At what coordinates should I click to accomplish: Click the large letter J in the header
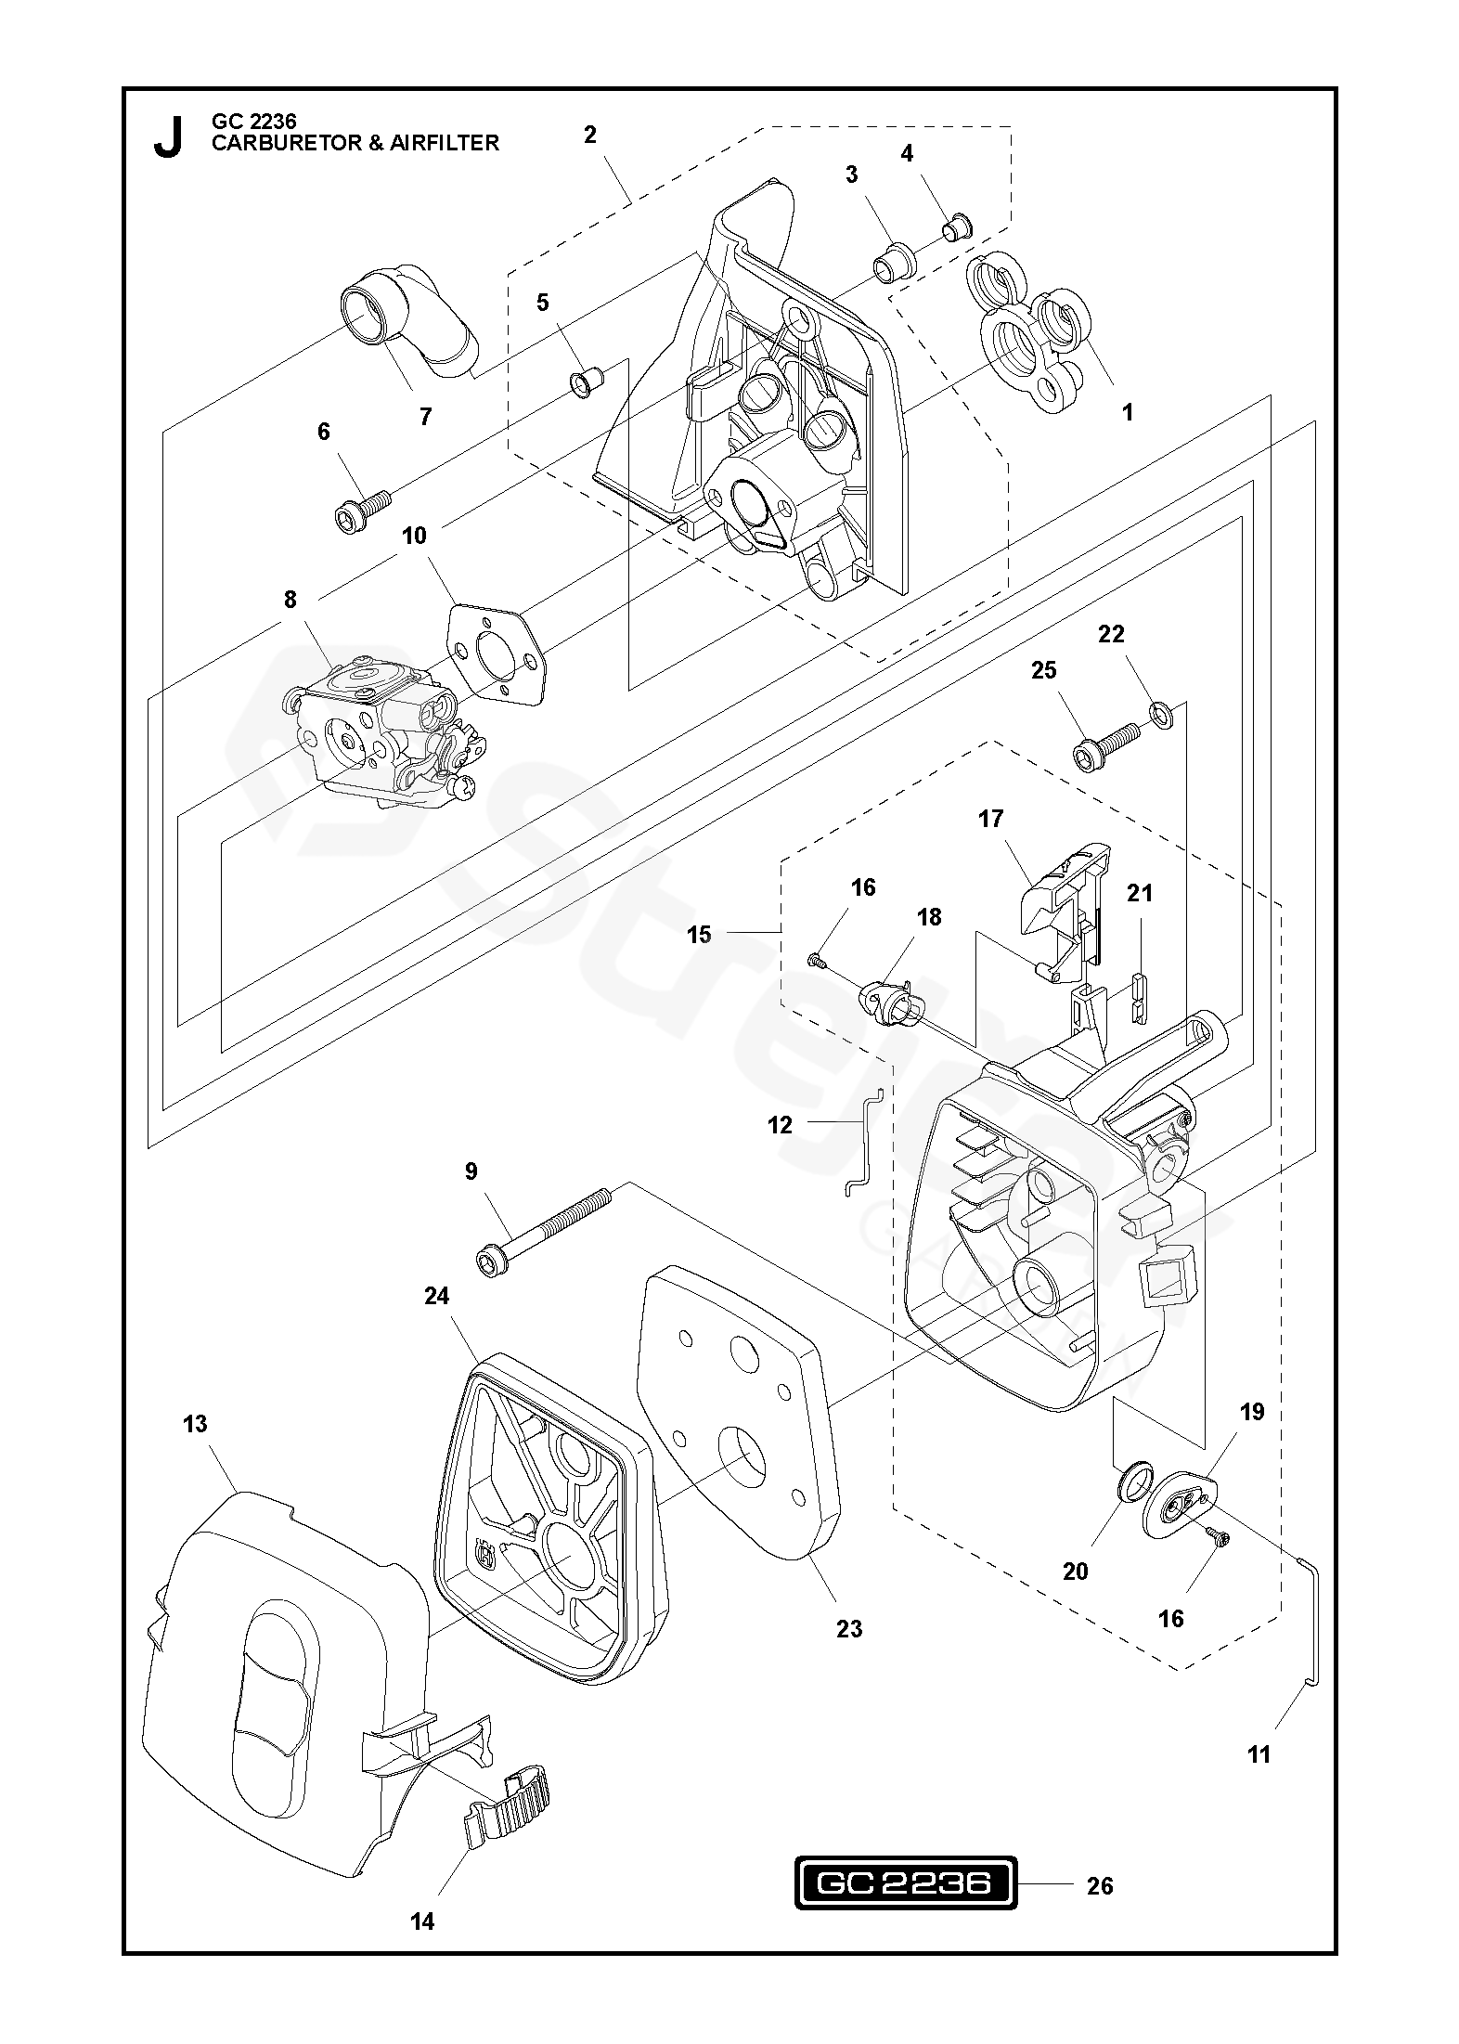tap(167, 137)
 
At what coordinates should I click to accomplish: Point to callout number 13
tap(195, 1424)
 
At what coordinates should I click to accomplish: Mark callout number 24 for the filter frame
tap(436, 1296)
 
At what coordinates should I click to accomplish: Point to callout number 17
tap(990, 819)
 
